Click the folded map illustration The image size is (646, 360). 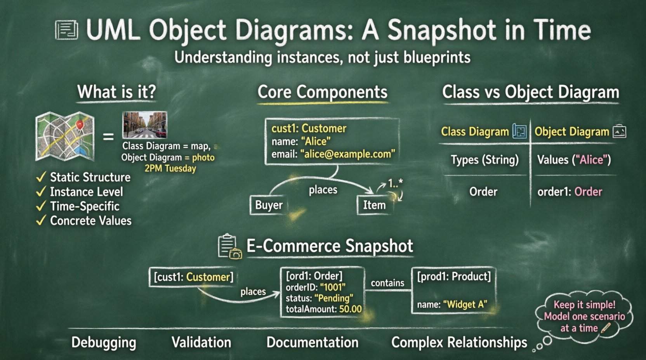point(65,136)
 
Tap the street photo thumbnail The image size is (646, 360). point(145,125)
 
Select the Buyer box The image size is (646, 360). point(269,205)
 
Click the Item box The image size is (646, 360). point(374,205)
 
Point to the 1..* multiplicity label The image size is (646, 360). point(395,183)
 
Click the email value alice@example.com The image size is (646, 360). point(347,154)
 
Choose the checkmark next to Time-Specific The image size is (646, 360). point(41,206)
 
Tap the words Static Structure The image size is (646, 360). point(90,177)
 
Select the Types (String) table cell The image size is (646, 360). point(484,160)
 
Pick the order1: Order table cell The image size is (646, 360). point(570,192)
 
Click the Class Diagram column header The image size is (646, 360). point(475,132)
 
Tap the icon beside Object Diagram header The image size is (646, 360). point(619,132)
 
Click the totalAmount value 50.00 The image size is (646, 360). point(350,309)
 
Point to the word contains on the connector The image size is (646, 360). point(387,283)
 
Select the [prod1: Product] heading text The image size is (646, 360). point(454,276)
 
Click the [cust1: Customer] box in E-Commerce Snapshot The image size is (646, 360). point(193,277)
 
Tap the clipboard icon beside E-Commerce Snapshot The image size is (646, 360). point(229,247)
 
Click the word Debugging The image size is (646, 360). point(104,342)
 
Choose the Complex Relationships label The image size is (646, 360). point(459,342)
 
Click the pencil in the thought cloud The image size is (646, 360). point(605,328)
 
